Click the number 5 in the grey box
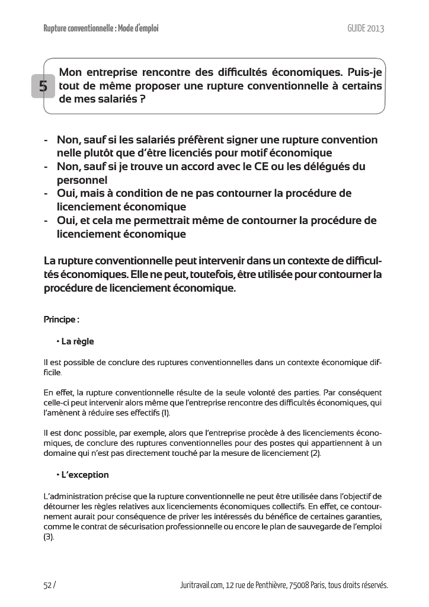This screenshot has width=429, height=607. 43,87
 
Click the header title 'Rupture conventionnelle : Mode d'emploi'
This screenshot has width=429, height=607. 101,28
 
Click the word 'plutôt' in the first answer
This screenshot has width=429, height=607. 99,153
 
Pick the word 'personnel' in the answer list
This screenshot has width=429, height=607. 82,180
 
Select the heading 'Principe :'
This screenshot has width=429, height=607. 62,320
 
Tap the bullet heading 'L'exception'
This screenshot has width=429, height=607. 85,475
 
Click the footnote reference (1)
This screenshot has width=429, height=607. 164,413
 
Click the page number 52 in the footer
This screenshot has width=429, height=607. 48,585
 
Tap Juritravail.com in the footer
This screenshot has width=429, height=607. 201,585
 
